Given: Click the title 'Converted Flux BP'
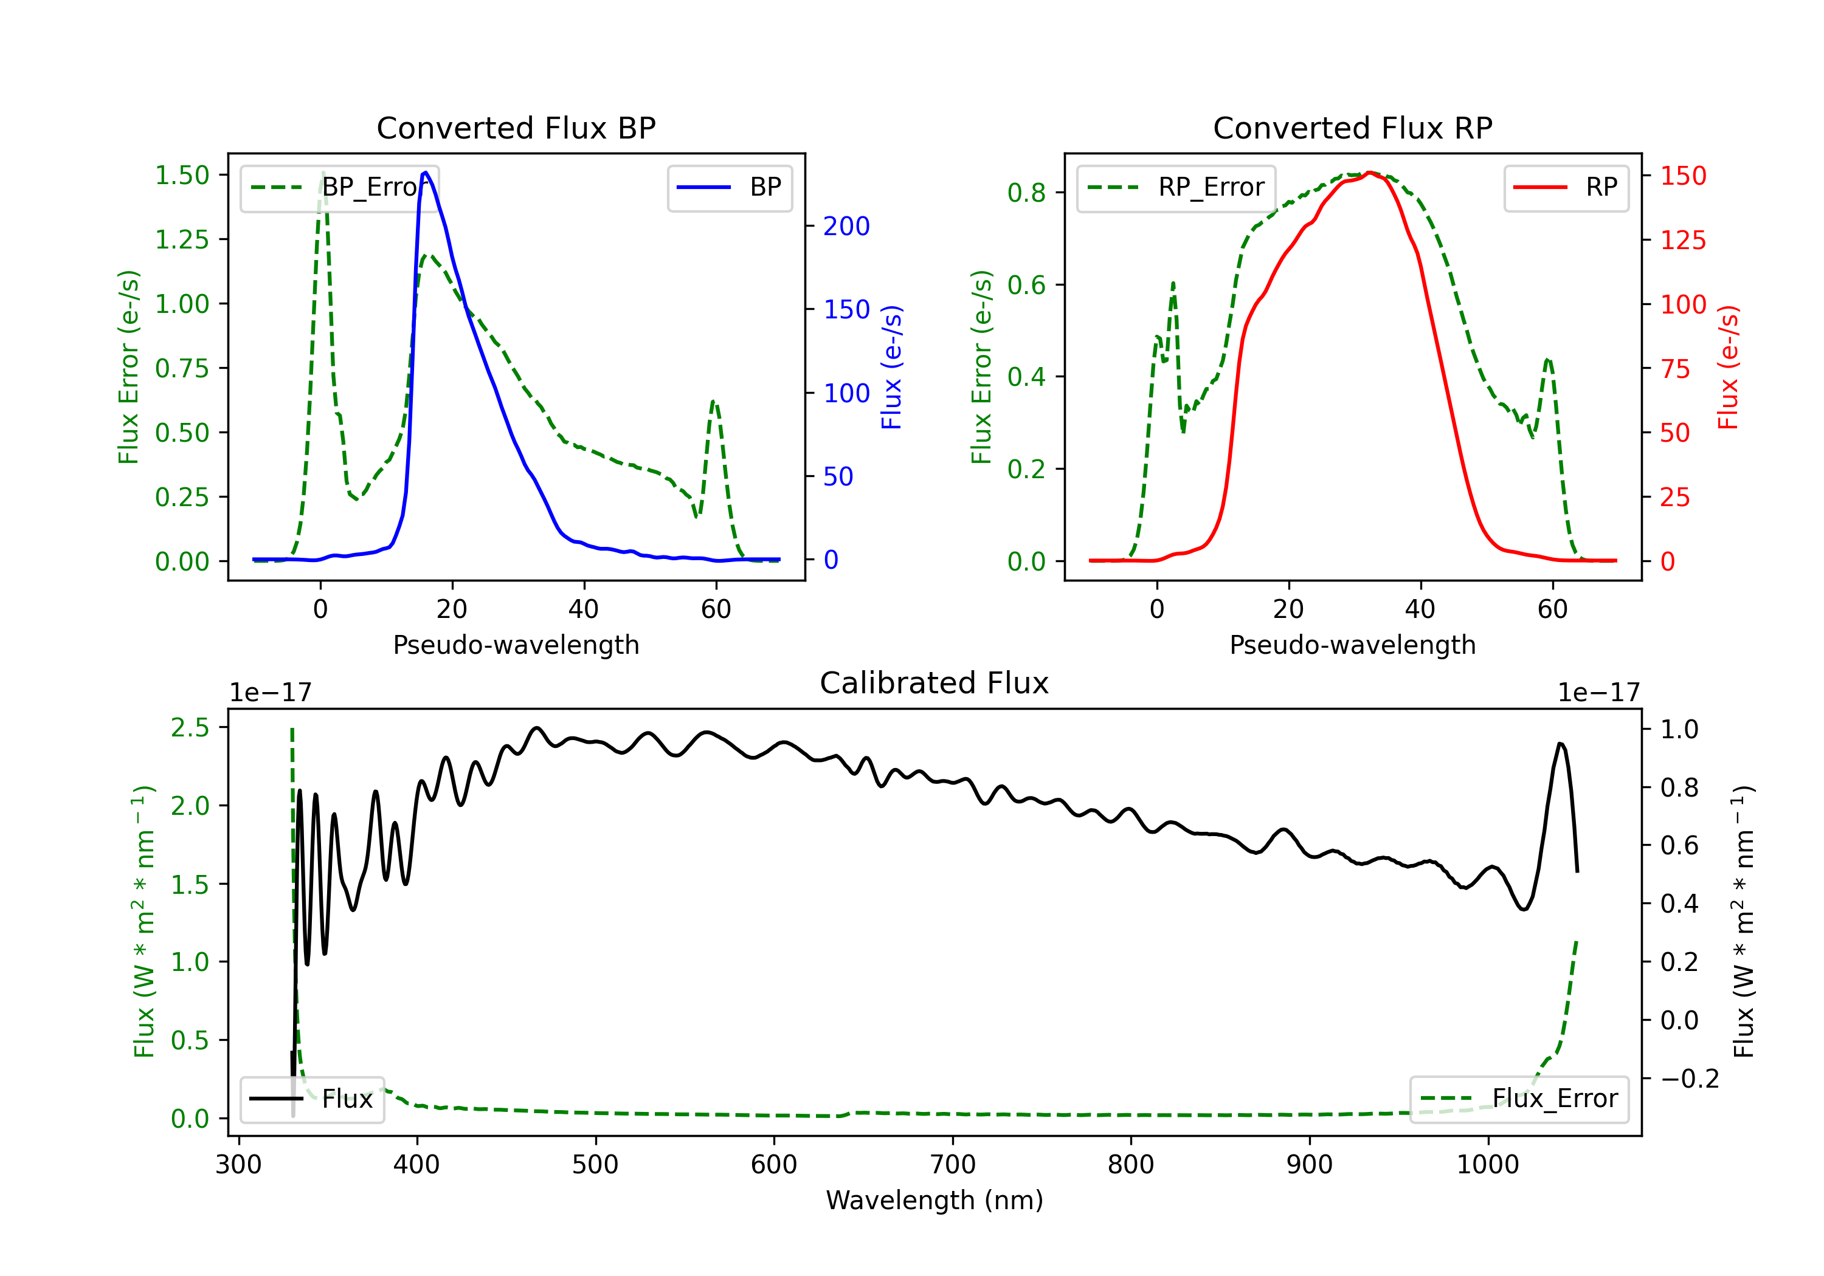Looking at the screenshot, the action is [516, 128].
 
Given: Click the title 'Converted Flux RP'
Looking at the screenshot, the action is [1352, 128].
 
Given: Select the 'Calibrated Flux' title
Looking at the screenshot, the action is [934, 683].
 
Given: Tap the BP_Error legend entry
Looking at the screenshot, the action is [339, 187].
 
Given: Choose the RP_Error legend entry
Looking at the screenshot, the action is [1176, 187].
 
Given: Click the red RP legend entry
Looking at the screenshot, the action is [1565, 187].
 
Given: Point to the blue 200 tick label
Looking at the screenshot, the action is [846, 226].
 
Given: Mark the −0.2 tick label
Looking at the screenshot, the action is [1689, 1079].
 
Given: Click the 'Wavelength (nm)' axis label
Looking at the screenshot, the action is [934, 1201].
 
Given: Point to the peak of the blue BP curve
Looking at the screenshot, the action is [426, 173].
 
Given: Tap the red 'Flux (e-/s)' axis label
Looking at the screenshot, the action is [1729, 367].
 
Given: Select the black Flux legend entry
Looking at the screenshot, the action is [311, 1099].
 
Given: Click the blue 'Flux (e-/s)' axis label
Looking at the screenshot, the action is [892, 367].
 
